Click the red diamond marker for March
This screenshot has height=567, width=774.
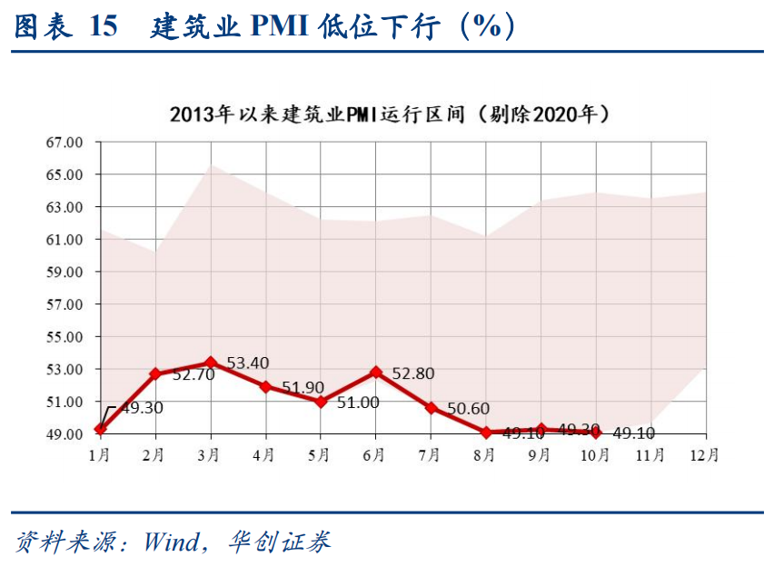click(211, 363)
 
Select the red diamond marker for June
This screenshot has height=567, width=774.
click(375, 373)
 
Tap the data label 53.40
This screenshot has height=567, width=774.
click(247, 363)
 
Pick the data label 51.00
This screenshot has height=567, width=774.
click(358, 402)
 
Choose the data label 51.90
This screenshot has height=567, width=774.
click(303, 387)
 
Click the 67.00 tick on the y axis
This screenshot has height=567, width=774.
click(64, 143)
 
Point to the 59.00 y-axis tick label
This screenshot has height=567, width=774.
click(64, 272)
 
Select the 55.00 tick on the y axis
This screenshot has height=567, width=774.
click(64, 337)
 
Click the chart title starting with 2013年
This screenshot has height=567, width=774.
click(388, 115)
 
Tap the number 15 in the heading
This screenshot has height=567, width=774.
click(104, 27)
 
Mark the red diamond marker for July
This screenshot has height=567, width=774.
click(431, 408)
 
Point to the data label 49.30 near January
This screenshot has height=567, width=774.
click(142, 408)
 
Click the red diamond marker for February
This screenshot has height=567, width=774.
click(155, 373)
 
